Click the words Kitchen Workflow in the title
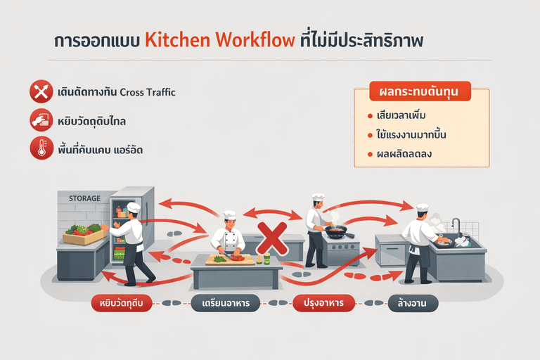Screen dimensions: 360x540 pyautogui.click(x=219, y=39)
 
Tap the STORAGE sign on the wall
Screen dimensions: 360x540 pyautogui.click(x=84, y=198)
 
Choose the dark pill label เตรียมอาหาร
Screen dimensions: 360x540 pyautogui.click(x=223, y=304)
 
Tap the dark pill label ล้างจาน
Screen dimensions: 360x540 pyautogui.click(x=413, y=304)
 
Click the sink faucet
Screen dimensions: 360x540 pyautogui.click(x=456, y=226)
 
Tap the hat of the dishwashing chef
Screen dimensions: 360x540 pyautogui.click(x=422, y=207)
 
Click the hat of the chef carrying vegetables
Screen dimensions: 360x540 pyautogui.click(x=134, y=207)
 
